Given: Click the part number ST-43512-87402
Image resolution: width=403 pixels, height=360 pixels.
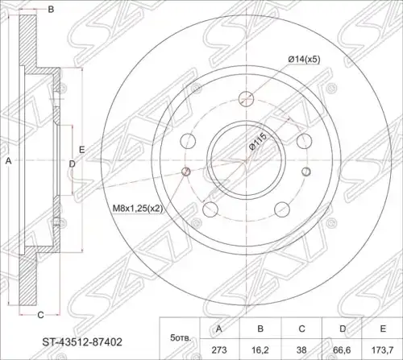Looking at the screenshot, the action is click(82, 341).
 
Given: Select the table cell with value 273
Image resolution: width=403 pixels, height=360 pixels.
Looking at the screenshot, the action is click(219, 350).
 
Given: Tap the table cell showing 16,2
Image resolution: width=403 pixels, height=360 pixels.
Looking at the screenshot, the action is click(260, 350).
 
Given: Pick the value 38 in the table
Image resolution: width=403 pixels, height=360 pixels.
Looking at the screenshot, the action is click(301, 350).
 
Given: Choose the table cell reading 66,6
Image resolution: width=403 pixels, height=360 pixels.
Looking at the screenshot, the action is click(343, 350).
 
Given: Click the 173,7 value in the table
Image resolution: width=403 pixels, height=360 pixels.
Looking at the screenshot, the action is click(383, 350).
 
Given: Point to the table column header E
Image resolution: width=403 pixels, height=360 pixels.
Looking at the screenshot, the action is click(383, 329).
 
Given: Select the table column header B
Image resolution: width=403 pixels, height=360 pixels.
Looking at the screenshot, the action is click(260, 329).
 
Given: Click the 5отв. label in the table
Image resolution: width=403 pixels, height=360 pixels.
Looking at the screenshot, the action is click(181, 337).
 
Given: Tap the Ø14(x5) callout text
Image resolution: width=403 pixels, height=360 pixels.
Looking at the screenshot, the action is click(304, 60).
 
